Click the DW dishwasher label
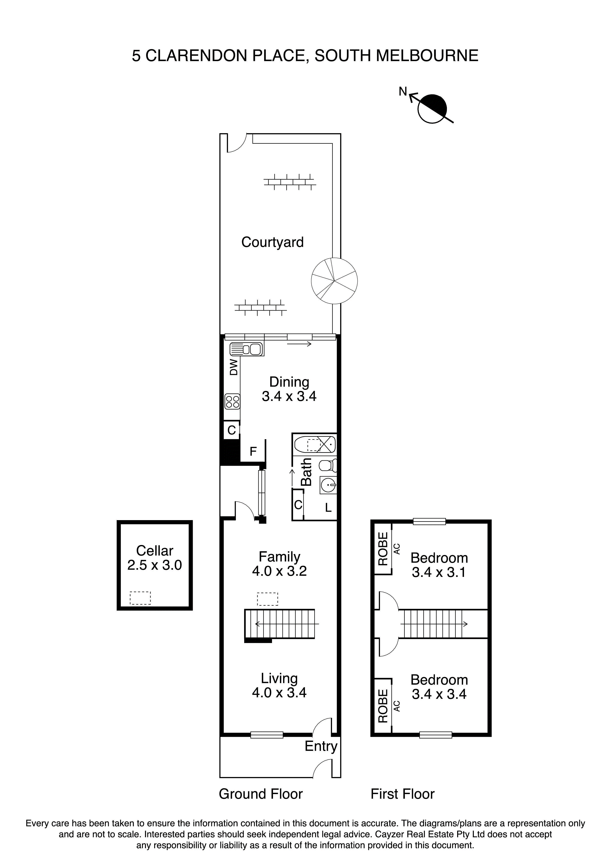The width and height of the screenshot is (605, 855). (x=234, y=367)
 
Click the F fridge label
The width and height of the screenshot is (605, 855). (x=253, y=452)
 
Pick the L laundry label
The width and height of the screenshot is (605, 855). (x=328, y=507)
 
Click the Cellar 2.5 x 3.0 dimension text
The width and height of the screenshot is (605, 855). (x=154, y=565)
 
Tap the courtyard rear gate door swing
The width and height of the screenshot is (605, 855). (x=237, y=143)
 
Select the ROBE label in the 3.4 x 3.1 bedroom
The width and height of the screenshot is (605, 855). (x=383, y=549)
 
